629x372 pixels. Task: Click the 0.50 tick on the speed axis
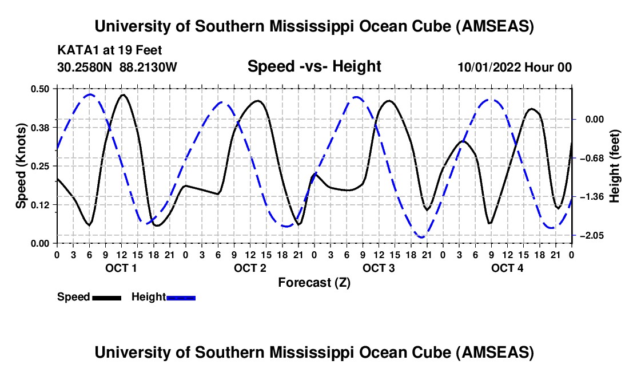(x=41, y=89)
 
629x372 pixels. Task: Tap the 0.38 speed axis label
(x=41, y=127)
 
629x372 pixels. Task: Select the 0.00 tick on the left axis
(x=41, y=243)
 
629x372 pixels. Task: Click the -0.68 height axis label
(x=592, y=158)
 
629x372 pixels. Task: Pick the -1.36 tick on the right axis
(x=592, y=197)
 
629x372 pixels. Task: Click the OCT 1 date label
(x=121, y=268)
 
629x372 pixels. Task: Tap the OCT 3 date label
(x=378, y=268)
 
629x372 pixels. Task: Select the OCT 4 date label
(x=507, y=268)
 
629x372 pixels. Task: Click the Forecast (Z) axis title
(x=314, y=282)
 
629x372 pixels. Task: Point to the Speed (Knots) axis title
(x=21, y=165)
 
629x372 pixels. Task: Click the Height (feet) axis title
(x=615, y=165)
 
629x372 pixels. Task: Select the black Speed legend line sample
(x=106, y=298)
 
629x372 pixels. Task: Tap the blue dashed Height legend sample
(x=181, y=298)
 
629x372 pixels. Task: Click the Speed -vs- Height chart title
(x=314, y=66)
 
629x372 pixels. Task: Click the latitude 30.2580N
(x=85, y=67)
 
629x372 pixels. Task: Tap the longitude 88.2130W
(x=149, y=67)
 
